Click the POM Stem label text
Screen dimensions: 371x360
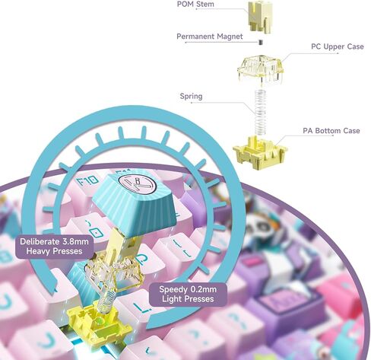click(x=195, y=4)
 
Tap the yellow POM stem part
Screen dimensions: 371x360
click(x=259, y=17)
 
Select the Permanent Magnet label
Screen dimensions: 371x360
click(x=210, y=37)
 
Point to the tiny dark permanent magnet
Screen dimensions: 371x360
click(x=261, y=42)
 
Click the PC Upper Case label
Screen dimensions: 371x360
click(x=338, y=46)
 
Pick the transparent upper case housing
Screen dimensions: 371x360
click(x=260, y=71)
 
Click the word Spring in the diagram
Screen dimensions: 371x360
click(x=191, y=97)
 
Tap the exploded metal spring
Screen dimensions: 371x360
click(x=260, y=113)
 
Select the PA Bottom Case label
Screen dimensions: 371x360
click(x=331, y=131)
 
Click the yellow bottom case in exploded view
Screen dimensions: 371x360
click(x=260, y=153)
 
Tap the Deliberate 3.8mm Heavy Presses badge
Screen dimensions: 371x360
click(x=54, y=247)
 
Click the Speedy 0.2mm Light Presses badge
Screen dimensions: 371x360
click(x=188, y=294)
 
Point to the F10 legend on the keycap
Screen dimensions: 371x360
click(x=87, y=181)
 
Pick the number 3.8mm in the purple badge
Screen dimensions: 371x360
click(x=75, y=241)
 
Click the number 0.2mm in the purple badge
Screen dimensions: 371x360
click(x=203, y=289)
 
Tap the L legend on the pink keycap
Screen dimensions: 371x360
click(x=140, y=307)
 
